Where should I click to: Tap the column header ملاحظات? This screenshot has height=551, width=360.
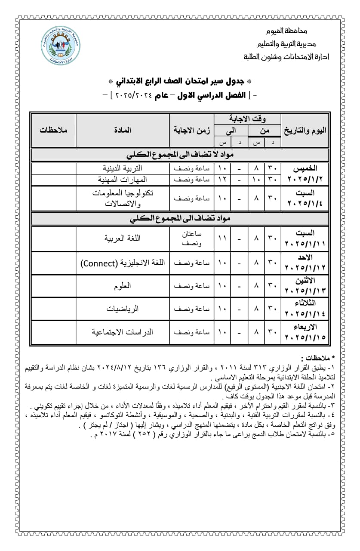pyautogui.click(x=53, y=130)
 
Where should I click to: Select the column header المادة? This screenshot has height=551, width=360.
pyautogui.click(x=122, y=130)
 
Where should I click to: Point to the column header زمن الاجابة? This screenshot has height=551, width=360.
pyautogui.click(x=192, y=130)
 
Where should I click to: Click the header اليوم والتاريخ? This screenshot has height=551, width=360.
pyautogui.click(x=305, y=130)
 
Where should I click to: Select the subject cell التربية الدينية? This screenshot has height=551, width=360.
pyautogui.click(x=123, y=167)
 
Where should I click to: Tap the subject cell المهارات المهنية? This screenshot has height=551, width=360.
pyautogui.click(x=123, y=179)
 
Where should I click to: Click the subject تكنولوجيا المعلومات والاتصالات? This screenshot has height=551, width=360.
pyautogui.click(x=123, y=198)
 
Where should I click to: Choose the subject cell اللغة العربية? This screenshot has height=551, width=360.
pyautogui.click(x=123, y=238)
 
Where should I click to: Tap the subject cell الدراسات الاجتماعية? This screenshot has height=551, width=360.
pyautogui.click(x=123, y=332)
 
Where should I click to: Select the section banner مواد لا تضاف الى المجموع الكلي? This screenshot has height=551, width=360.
pyautogui.click(x=180, y=155)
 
